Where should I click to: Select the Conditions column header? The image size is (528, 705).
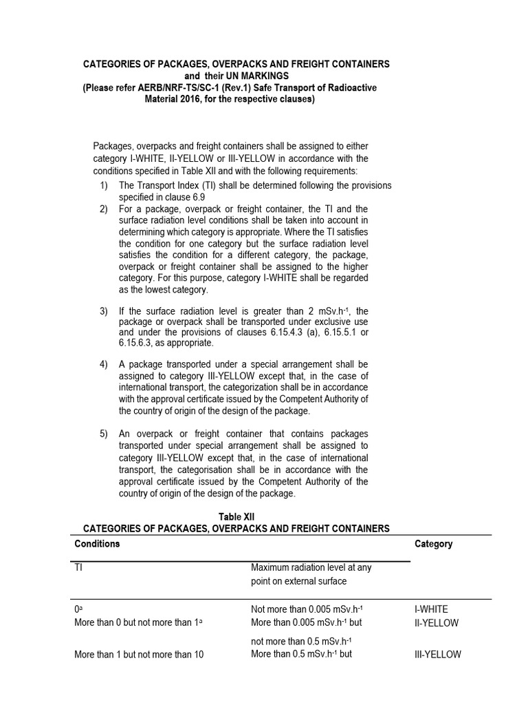coord(97,543)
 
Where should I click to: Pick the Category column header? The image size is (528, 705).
coord(434,544)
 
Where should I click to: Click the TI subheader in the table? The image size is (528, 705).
coord(78,568)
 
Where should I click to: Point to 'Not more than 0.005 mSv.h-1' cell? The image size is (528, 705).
coord(306,609)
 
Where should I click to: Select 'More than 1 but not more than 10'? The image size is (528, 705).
coord(139,655)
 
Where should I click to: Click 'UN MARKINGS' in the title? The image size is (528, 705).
coord(253,75)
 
